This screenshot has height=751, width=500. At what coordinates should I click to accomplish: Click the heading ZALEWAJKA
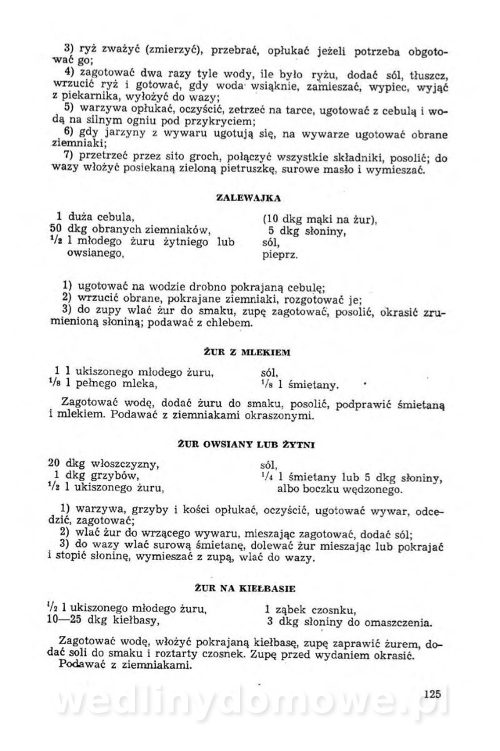coord(248,198)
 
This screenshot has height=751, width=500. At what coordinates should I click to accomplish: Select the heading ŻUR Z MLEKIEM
coord(248,352)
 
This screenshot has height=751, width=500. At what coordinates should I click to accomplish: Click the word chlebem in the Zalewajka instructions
coord(231,323)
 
